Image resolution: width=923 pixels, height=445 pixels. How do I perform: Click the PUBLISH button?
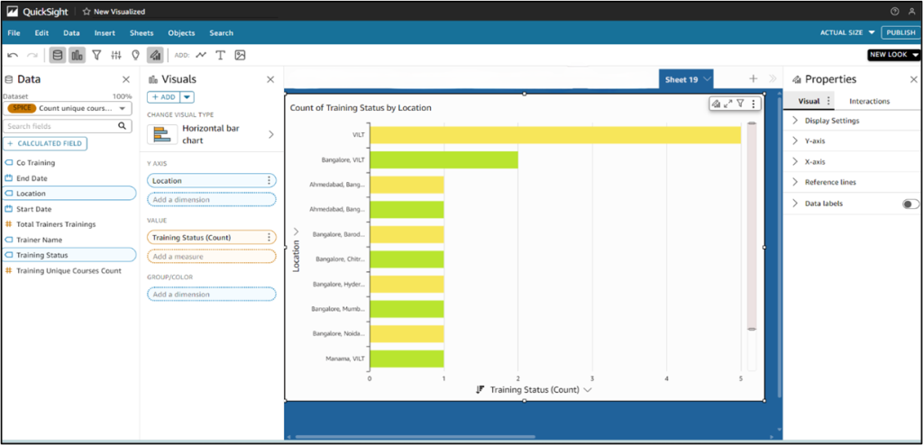(x=900, y=32)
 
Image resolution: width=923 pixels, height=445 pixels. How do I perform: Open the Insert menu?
(x=105, y=32)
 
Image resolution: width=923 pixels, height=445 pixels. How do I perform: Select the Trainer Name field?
(x=40, y=240)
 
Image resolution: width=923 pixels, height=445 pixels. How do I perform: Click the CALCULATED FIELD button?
(x=45, y=143)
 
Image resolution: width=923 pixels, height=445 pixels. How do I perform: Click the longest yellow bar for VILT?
(x=555, y=135)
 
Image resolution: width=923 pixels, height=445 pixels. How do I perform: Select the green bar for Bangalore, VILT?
(x=443, y=159)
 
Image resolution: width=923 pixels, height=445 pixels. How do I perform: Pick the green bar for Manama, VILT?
(x=407, y=359)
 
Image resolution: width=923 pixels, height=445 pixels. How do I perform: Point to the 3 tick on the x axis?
(x=592, y=378)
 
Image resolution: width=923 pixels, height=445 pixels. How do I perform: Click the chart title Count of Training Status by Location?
(x=361, y=107)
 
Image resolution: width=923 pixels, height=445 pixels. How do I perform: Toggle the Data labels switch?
(x=910, y=204)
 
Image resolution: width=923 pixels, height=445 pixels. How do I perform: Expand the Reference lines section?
(x=830, y=183)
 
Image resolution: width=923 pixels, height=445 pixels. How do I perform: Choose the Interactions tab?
(x=869, y=101)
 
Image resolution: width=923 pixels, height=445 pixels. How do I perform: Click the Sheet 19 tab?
(x=681, y=79)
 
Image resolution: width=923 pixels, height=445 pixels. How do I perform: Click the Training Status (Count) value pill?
(x=206, y=237)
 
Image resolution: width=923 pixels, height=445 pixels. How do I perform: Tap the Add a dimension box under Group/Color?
(x=211, y=294)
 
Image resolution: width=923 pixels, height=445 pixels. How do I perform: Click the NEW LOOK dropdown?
(x=893, y=55)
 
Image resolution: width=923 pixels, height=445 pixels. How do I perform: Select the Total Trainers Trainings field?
(x=56, y=224)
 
